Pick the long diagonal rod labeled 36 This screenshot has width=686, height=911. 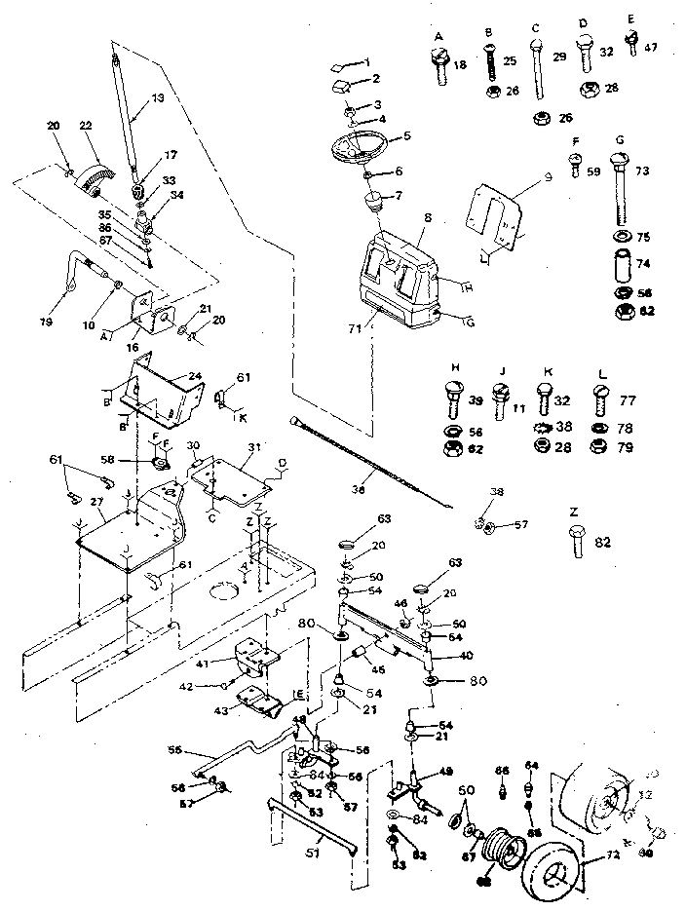click(370, 464)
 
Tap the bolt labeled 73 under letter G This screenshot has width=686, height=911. click(620, 195)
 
